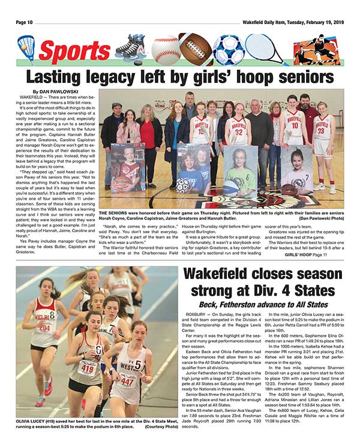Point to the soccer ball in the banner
(229, 49)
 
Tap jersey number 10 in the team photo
(294, 126)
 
